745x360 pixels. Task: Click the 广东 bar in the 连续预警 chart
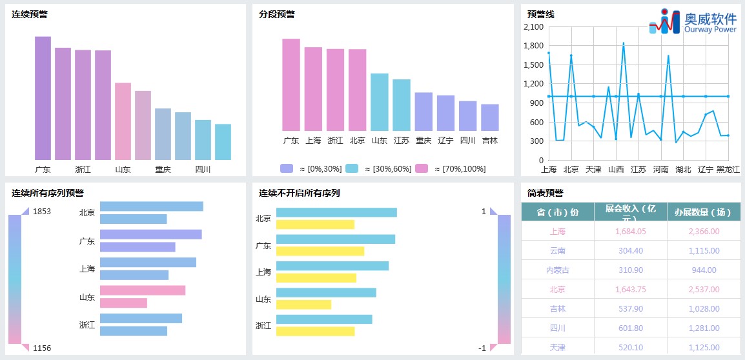43,98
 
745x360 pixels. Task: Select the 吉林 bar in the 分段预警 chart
490,117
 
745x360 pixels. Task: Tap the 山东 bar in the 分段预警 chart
379,102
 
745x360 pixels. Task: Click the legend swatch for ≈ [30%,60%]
351,168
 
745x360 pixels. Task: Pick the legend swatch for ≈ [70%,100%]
421,168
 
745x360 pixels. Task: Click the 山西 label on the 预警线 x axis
616,170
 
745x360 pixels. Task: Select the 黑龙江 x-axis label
728,170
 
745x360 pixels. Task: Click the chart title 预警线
540,14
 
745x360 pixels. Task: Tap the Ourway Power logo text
710,29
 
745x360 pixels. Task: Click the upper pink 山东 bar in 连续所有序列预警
143,290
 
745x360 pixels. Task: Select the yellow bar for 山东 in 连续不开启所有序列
303,305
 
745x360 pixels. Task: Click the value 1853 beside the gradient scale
42,212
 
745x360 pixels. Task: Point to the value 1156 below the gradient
42,348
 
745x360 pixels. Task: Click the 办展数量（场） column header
704,212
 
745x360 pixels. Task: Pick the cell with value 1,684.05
631,232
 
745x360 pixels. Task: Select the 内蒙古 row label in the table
558,270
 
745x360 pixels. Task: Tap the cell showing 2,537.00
704,290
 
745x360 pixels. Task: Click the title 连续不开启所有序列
300,193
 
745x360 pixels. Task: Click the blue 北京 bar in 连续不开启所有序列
336,212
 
